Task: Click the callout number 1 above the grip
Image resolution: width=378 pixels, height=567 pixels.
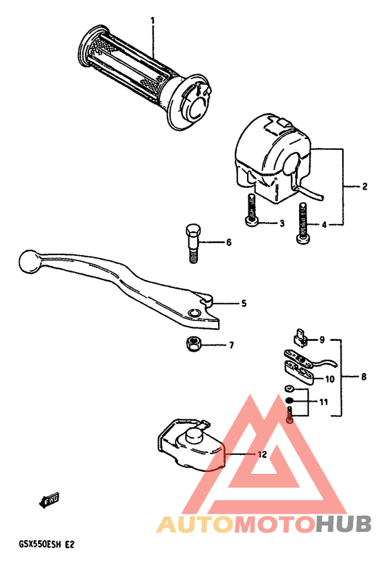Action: (x=153, y=21)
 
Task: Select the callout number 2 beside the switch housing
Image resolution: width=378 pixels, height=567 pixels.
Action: (x=364, y=186)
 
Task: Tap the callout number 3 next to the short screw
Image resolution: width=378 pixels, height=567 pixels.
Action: (x=283, y=223)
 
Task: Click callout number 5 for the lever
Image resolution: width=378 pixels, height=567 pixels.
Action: (x=244, y=304)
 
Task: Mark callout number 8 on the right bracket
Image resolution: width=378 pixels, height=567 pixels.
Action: (x=364, y=377)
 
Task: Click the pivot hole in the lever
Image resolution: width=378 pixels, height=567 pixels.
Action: (x=194, y=312)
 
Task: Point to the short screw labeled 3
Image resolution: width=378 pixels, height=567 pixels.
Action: (x=252, y=210)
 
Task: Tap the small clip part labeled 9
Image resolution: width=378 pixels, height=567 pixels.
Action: (x=300, y=336)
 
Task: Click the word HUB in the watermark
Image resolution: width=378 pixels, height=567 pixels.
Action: (x=342, y=523)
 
